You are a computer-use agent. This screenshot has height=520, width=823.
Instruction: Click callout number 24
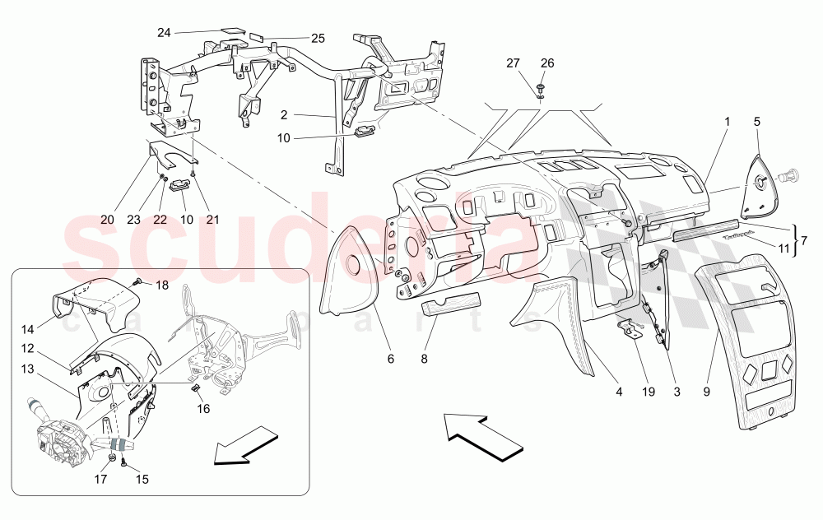pos(165,32)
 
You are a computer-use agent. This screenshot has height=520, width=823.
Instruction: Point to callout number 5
pos(756,122)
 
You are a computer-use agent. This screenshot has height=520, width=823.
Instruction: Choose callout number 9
pos(707,392)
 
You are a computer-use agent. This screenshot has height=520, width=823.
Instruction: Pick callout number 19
pos(649,392)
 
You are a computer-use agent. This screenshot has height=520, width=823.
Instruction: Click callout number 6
pos(391,359)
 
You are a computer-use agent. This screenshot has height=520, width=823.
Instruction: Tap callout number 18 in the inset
pos(161,285)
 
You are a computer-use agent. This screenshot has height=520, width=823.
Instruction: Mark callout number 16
pos(203,408)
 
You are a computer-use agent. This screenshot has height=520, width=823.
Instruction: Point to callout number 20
pos(107,220)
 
